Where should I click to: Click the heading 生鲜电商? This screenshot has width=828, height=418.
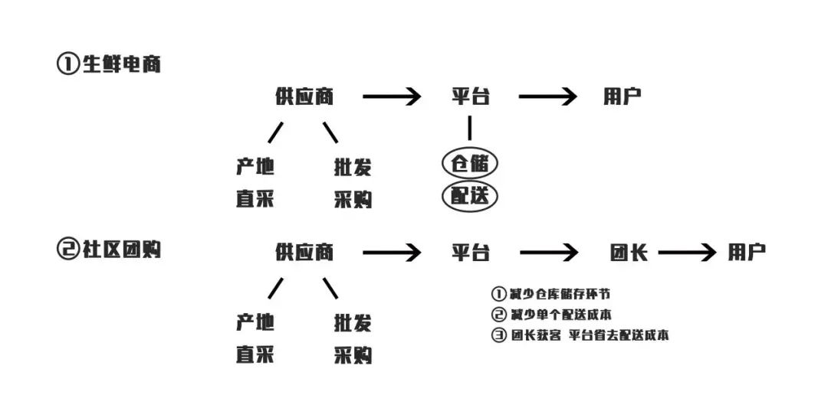[x=121, y=64]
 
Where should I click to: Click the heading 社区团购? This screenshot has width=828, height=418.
[x=121, y=249]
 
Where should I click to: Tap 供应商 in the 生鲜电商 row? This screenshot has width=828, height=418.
[x=304, y=96]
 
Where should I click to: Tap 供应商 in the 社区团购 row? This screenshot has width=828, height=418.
[x=304, y=252]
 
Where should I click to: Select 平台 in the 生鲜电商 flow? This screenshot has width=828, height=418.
[x=470, y=96]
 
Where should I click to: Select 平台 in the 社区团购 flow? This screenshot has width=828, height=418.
[x=470, y=253]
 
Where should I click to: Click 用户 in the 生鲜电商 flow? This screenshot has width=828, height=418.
[x=622, y=96]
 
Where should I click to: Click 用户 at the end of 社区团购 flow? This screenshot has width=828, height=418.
[x=747, y=253]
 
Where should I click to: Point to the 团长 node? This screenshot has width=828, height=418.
[x=629, y=253]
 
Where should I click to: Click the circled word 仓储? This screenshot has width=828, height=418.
[x=470, y=164]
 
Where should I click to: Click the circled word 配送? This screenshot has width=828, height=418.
[x=470, y=196]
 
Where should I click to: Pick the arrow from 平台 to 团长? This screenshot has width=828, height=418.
[x=548, y=253]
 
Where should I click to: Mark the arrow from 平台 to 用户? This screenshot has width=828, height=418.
[x=547, y=96]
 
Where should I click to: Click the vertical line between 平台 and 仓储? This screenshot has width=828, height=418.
[x=470, y=127]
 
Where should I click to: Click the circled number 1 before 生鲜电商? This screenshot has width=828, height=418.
[x=67, y=64]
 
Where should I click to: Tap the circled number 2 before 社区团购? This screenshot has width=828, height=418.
[x=67, y=250]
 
